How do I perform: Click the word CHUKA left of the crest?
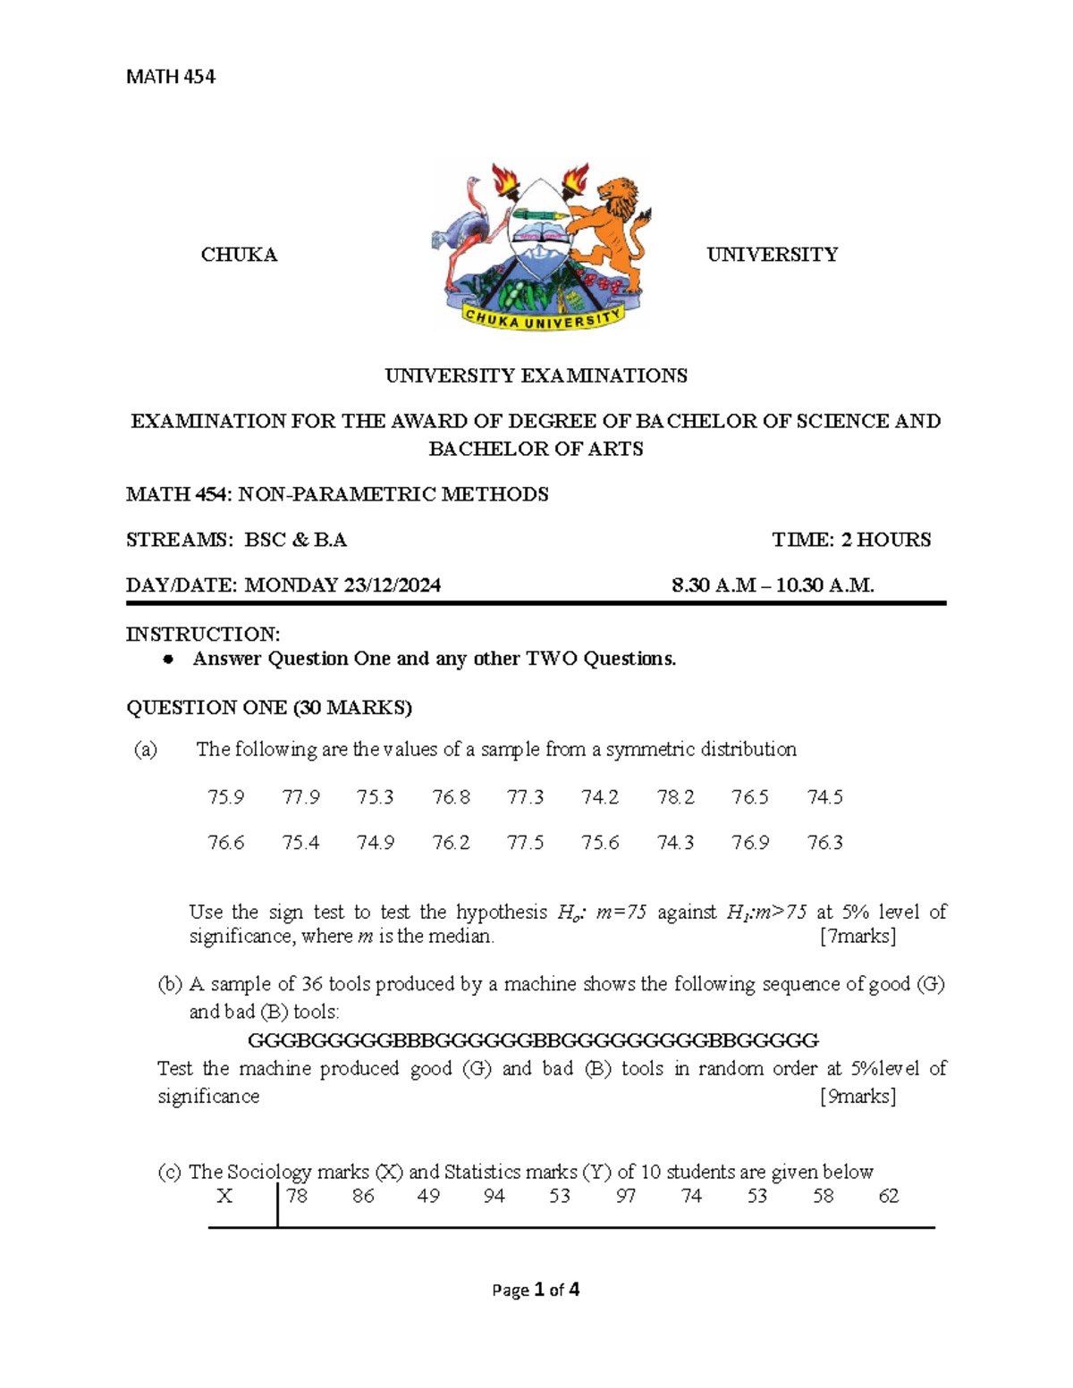coord(239,255)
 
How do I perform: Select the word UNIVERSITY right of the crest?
coord(772,255)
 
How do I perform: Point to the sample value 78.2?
coord(675,796)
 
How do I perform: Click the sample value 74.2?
coord(599,796)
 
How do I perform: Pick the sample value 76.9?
coord(749,842)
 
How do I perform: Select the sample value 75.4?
coord(300,842)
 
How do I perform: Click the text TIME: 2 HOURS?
coord(851,540)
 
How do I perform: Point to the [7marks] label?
coord(858,936)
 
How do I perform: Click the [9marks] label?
coord(858,1096)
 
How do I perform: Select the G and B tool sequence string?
coord(533,1040)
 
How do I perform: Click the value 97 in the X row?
coord(625,1196)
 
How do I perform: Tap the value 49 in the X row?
coord(428,1196)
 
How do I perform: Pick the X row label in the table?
coord(224,1196)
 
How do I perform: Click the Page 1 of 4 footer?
coord(536,1290)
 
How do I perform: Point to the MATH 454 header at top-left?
coord(171,77)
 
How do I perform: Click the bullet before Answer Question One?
coord(167,660)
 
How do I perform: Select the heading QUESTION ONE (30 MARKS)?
coord(269,708)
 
